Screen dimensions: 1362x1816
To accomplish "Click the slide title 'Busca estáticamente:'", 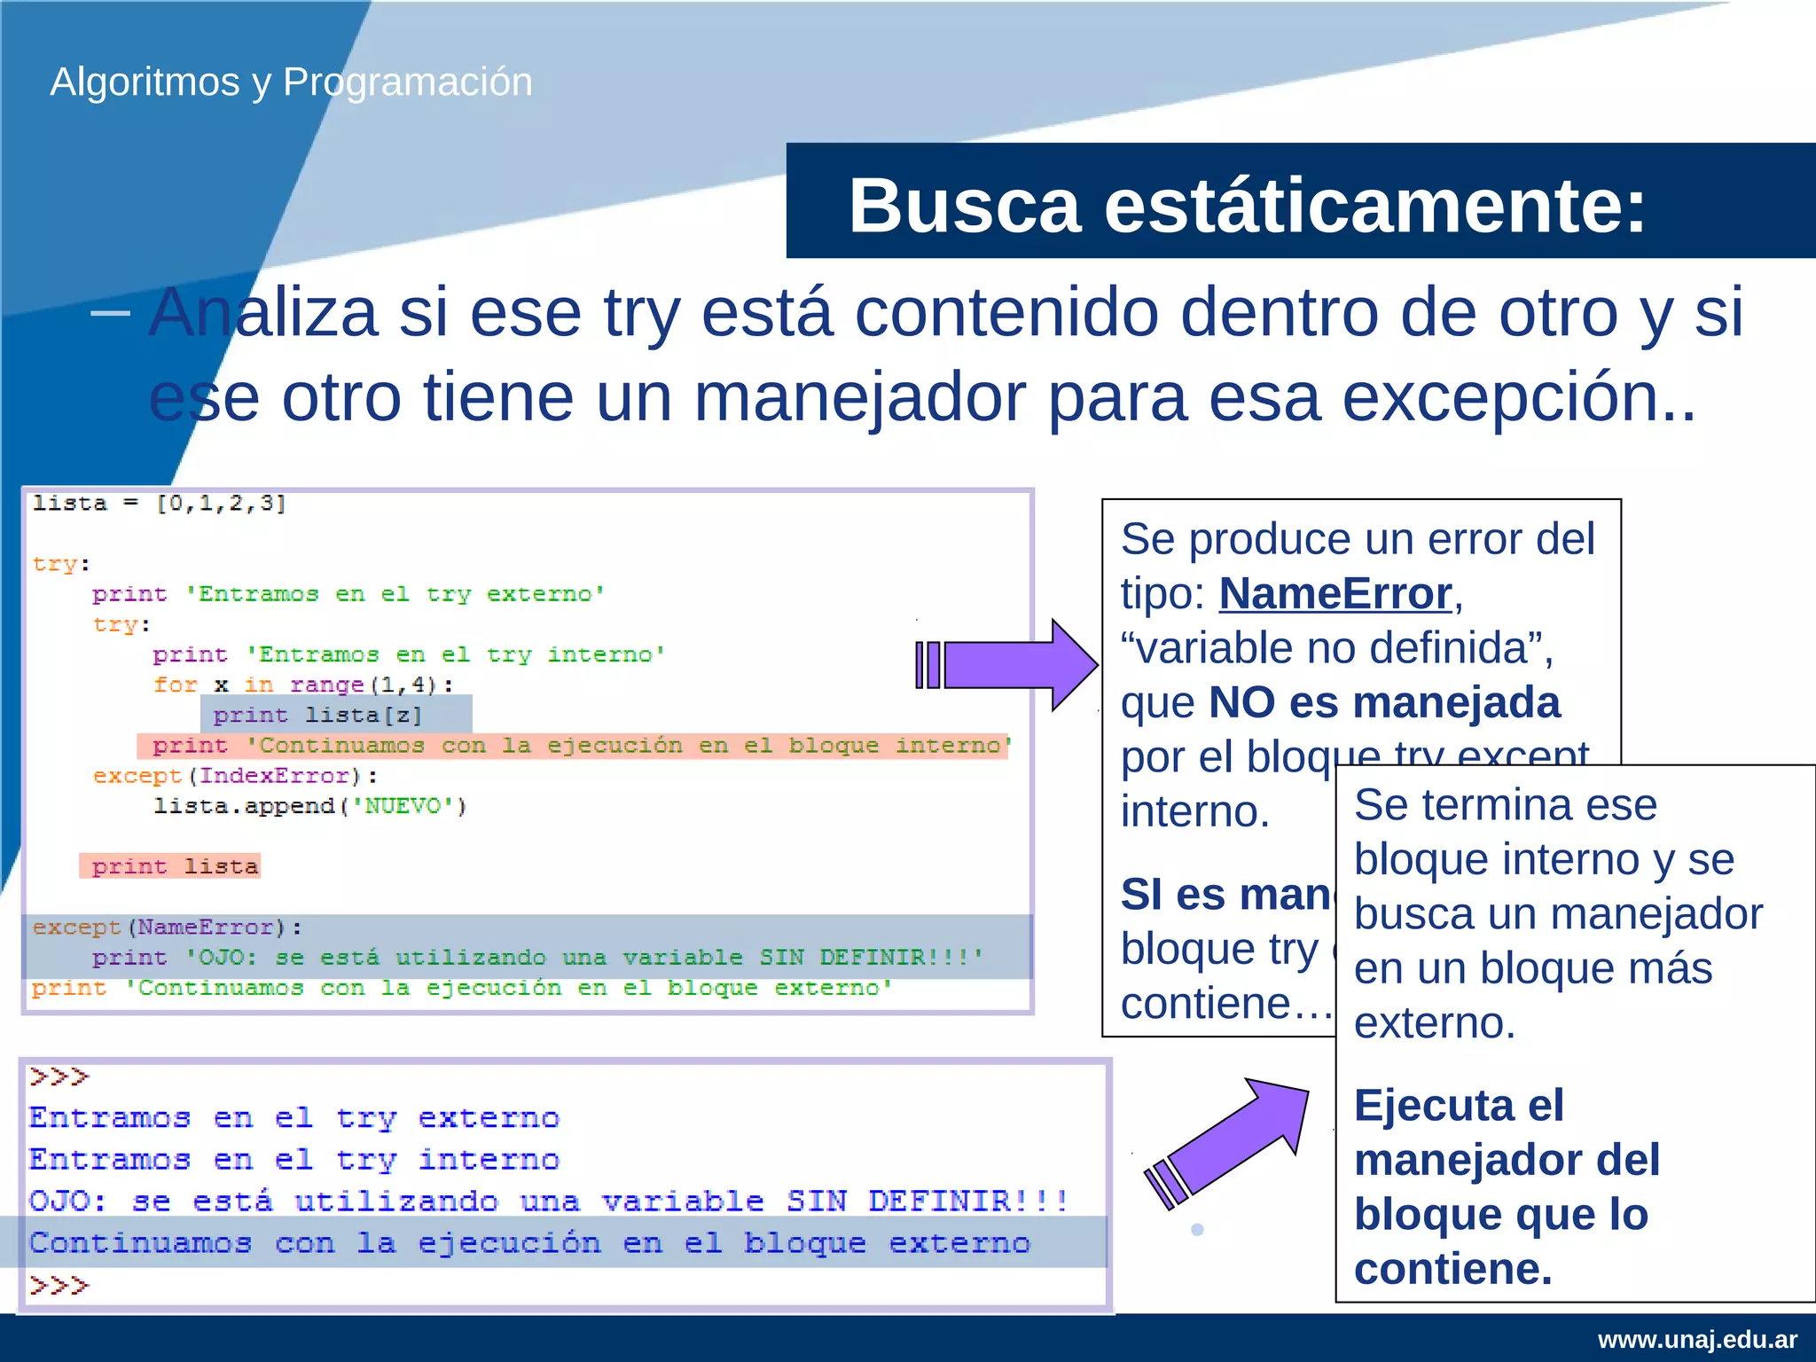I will click(1246, 206).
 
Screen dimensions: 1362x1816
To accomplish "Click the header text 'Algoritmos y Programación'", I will click(291, 82).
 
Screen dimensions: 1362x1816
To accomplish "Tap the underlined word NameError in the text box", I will click(1335, 593).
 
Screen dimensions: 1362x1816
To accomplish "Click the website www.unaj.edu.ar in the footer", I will click(1697, 1339).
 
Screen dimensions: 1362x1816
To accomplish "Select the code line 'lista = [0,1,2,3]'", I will click(160, 504).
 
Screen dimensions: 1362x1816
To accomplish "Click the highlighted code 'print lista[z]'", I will click(317, 715).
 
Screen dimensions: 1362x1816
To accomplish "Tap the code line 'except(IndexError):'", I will click(236, 776).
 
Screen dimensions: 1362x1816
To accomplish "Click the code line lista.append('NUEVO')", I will click(309, 806).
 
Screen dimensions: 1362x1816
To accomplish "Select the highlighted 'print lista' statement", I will click(174, 866).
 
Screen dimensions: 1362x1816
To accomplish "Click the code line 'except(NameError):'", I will click(167, 928).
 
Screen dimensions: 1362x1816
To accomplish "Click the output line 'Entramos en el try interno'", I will click(294, 1160).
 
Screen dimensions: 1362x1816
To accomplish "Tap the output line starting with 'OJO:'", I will click(548, 1202).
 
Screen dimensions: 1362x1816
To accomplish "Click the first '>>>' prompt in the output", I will click(59, 1077).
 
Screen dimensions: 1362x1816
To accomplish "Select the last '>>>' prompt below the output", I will click(59, 1286).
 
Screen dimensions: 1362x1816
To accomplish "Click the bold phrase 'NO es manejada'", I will click(1383, 702).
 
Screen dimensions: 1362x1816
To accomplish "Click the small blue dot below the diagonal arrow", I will click(1197, 1230).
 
